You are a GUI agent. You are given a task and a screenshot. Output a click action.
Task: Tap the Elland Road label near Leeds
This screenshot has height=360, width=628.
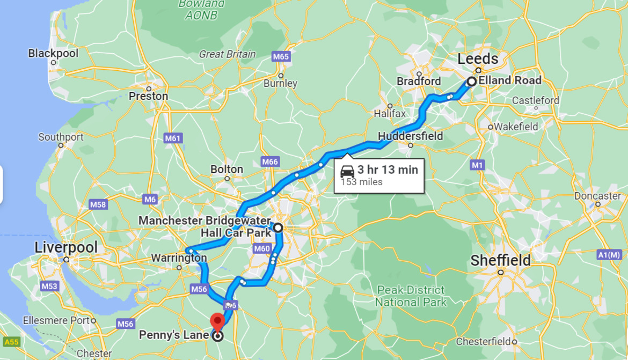point(510,80)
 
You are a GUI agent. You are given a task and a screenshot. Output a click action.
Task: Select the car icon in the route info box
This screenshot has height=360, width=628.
point(347,171)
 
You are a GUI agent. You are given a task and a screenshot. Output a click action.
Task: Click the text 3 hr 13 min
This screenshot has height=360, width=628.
point(388,170)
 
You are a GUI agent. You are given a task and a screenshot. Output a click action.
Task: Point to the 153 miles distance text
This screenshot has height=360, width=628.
point(361,182)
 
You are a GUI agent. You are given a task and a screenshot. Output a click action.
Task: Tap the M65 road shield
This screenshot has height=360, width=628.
point(280,56)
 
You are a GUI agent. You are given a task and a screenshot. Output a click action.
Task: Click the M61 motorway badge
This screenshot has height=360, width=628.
point(172,138)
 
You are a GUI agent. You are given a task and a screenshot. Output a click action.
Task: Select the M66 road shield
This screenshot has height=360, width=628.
point(270,161)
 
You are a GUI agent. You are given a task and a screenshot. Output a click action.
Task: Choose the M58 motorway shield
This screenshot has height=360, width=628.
point(98,204)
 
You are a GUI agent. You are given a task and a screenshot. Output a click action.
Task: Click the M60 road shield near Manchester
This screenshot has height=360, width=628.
point(262,248)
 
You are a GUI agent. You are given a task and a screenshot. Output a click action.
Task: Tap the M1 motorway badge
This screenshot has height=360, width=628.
point(477,165)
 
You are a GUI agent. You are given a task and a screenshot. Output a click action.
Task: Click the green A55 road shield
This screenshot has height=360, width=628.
point(11,342)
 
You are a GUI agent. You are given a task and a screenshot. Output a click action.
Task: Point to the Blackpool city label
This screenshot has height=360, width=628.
point(53,53)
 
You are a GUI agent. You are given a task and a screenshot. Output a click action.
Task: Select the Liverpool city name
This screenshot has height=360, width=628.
point(66,247)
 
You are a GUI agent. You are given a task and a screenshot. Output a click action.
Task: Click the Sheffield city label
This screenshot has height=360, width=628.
point(500,261)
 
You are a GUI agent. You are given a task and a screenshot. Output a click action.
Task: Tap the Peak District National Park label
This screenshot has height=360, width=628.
point(411,296)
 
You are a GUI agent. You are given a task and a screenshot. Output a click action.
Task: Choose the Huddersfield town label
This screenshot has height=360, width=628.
point(411,136)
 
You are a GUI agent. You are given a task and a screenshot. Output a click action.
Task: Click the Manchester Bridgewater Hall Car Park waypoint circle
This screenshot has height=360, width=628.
point(278,228)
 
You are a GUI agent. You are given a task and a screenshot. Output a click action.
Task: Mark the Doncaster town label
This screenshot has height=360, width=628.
point(597,196)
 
